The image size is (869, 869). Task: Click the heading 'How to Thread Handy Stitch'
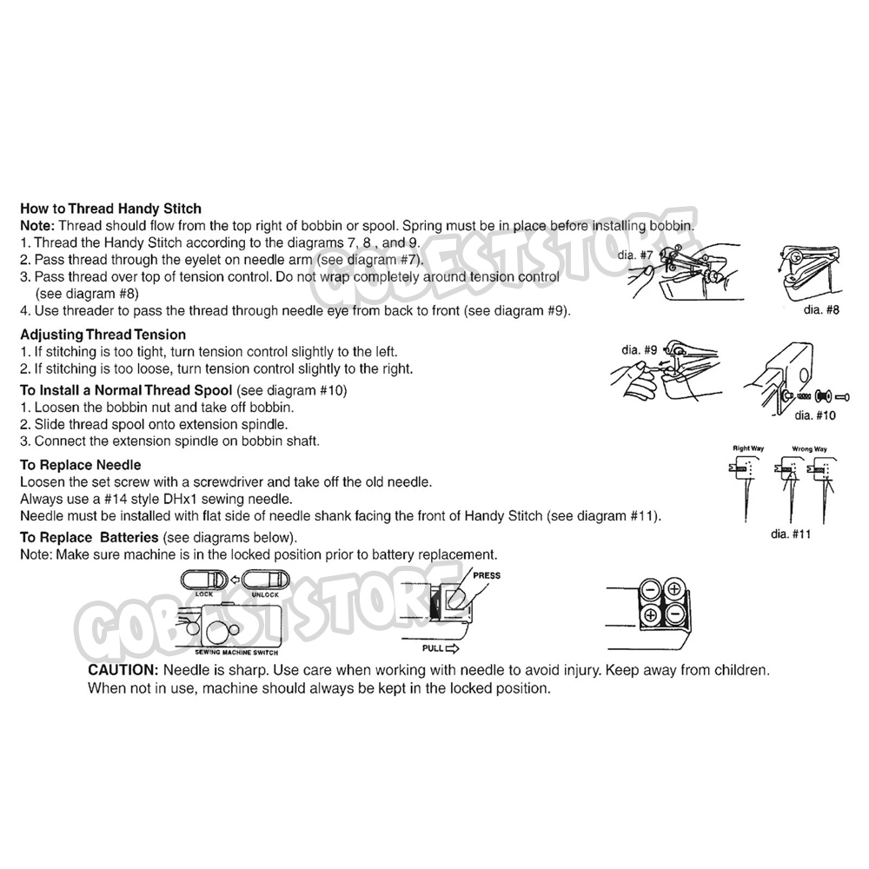pyautogui.click(x=111, y=209)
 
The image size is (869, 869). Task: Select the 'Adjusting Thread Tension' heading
pyautogui.click(x=103, y=335)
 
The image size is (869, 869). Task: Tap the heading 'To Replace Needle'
pyautogui.click(x=81, y=465)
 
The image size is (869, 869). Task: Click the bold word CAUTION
pyautogui.click(x=123, y=670)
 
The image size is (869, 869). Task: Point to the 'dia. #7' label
pyautogui.click(x=636, y=255)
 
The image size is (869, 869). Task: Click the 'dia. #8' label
pyautogui.click(x=821, y=310)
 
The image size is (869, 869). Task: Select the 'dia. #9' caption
pyautogui.click(x=639, y=349)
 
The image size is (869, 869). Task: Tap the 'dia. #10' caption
pyautogui.click(x=815, y=415)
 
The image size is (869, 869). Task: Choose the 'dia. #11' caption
pyautogui.click(x=791, y=534)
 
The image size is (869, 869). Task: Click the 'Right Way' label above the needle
pyautogui.click(x=748, y=448)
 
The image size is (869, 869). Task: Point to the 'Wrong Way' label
pyautogui.click(x=809, y=449)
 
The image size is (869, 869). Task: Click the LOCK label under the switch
pyautogui.click(x=204, y=594)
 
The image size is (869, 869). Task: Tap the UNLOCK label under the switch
pyautogui.click(x=265, y=594)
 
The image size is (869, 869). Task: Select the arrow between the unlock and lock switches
pyautogui.click(x=235, y=580)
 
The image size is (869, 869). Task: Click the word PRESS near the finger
pyautogui.click(x=487, y=576)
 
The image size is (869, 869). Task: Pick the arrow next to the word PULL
pyautogui.click(x=452, y=648)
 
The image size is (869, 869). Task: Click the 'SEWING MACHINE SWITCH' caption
pyautogui.click(x=236, y=653)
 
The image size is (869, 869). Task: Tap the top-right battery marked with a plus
pyautogui.click(x=674, y=590)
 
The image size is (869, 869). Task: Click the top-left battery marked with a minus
pyautogui.click(x=650, y=590)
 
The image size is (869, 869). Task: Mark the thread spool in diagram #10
pyautogui.click(x=822, y=397)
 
